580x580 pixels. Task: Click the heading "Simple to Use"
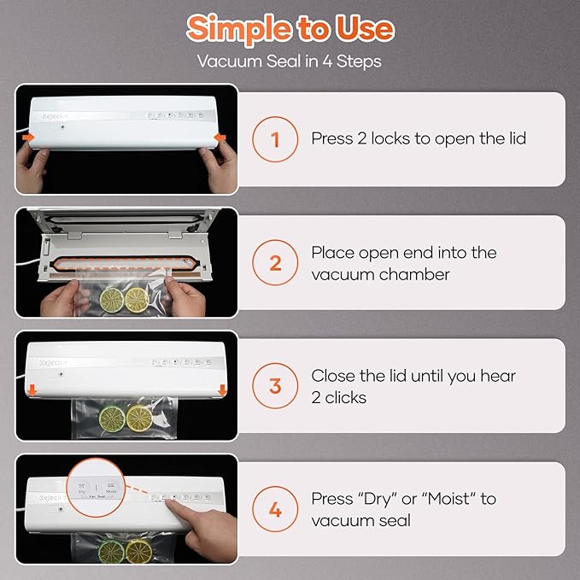point(290,27)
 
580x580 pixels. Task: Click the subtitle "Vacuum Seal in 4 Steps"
point(290,62)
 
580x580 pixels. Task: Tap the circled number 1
point(275,138)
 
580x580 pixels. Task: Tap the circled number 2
point(275,262)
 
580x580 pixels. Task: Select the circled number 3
point(275,386)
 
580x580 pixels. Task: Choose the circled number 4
point(275,510)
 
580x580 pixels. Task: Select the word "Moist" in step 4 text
point(452,498)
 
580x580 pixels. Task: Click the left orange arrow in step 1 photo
point(29,137)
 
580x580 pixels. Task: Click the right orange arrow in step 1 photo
point(220,137)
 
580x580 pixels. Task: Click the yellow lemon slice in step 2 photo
point(136,299)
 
